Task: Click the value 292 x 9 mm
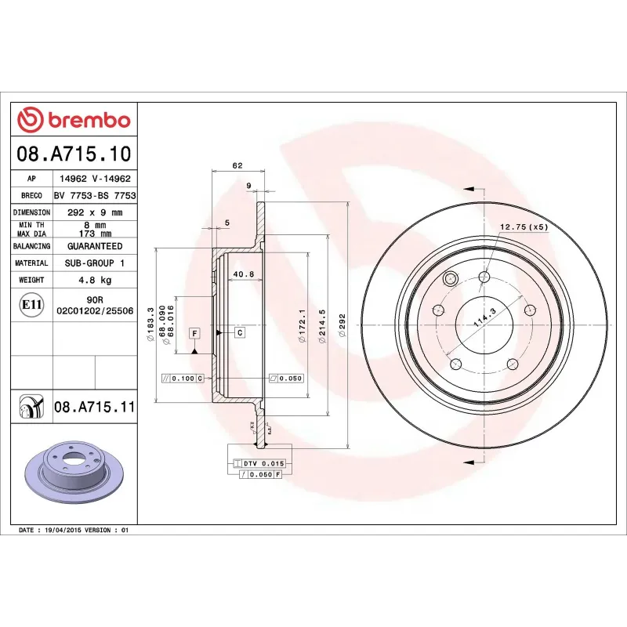pos(94,212)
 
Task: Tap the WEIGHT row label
pos(31,280)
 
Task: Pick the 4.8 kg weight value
pos(94,280)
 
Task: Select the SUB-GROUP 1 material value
pos(94,263)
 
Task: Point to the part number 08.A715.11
pos(95,408)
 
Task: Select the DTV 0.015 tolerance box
pos(258,464)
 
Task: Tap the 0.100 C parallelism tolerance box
pos(182,378)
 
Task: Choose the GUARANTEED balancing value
pos(94,246)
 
